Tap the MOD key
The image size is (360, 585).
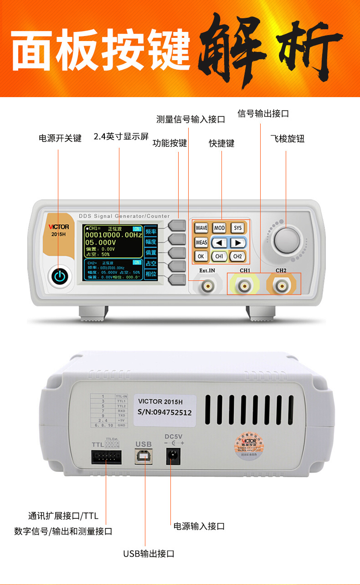[x=219, y=228]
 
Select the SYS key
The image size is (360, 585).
[x=237, y=228]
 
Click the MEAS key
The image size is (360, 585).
[x=201, y=243]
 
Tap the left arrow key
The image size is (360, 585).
[x=219, y=243]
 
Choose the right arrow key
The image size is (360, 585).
[x=237, y=243]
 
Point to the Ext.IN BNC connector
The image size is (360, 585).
[x=207, y=286]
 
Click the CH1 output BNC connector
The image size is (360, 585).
[x=245, y=286]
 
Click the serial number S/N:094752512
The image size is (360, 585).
[x=165, y=413]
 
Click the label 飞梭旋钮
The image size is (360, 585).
[x=287, y=139]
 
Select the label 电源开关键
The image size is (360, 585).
[x=60, y=138]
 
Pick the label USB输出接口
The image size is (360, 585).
[x=149, y=554]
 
